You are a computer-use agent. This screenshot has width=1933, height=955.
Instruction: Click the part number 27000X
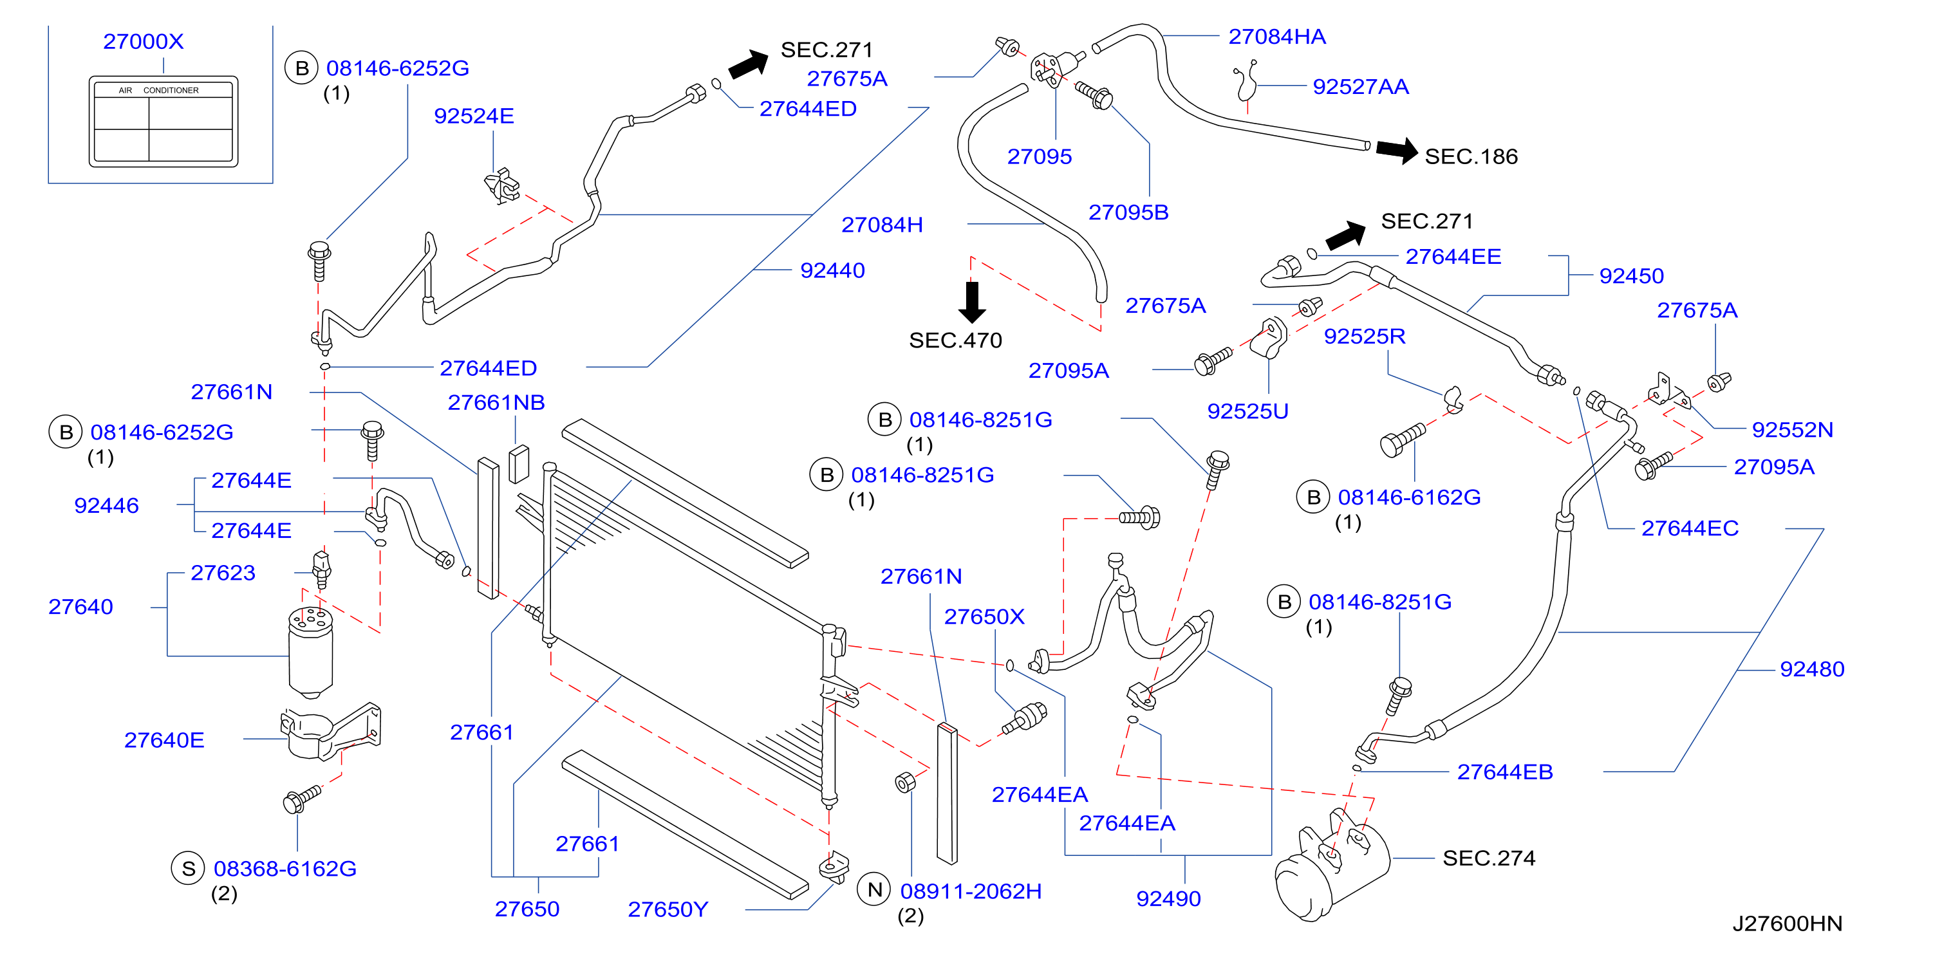click(x=144, y=41)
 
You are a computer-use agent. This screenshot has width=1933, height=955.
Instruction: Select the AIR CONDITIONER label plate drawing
click(x=163, y=121)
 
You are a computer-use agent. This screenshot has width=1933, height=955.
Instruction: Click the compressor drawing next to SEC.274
click(x=1332, y=864)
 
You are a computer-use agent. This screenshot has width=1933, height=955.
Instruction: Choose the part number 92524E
click(x=474, y=116)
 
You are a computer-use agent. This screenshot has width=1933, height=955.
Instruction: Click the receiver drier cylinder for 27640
click(x=311, y=651)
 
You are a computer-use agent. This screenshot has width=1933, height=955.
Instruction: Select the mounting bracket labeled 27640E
click(x=331, y=732)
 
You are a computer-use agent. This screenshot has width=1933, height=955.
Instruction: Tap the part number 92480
click(x=1811, y=669)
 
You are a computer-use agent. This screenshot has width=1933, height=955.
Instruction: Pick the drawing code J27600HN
click(x=1787, y=923)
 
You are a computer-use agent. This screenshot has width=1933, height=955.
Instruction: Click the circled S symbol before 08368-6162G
click(x=189, y=868)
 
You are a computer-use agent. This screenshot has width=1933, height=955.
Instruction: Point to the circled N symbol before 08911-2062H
click(x=874, y=890)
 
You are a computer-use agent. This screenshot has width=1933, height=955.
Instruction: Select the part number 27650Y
click(x=668, y=909)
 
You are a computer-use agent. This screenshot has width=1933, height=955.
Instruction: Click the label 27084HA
click(x=1276, y=36)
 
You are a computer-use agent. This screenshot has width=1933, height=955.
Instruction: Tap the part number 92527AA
click(x=1361, y=86)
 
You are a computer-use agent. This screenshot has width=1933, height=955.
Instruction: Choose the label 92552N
click(x=1792, y=429)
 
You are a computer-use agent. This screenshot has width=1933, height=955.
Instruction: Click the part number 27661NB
click(x=496, y=402)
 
